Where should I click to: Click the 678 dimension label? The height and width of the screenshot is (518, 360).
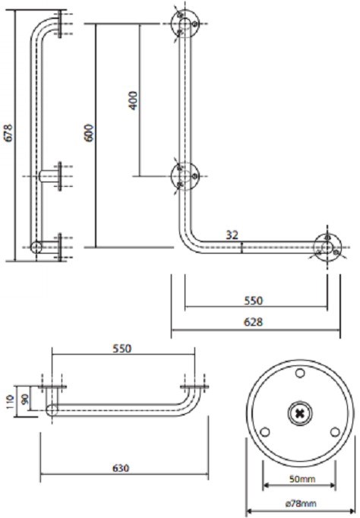[8, 132]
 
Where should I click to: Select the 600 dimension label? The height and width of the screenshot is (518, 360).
[90, 133]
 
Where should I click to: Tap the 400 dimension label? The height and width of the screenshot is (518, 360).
[133, 100]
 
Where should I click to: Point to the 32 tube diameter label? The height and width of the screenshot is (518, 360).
[232, 235]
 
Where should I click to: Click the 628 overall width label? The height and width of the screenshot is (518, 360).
[253, 322]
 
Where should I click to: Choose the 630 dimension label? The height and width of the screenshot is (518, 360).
[121, 468]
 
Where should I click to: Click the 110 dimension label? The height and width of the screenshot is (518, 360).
[10, 401]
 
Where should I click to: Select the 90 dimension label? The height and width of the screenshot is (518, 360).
[25, 399]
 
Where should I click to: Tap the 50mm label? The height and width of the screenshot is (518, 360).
[302, 479]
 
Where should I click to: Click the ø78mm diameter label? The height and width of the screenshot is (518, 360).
[301, 504]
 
